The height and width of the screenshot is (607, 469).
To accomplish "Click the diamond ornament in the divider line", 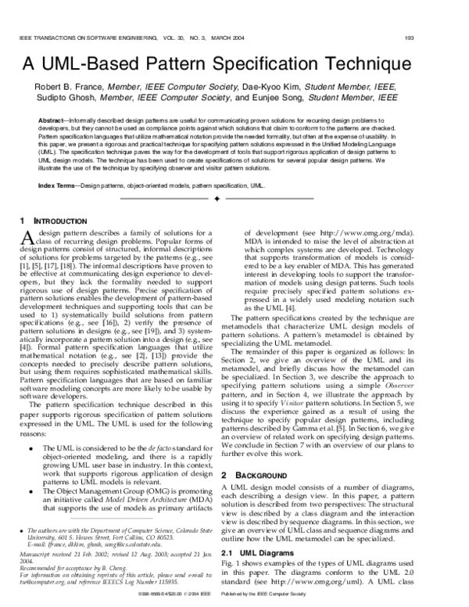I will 234,200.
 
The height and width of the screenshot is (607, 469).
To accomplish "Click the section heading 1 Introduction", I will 50,221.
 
